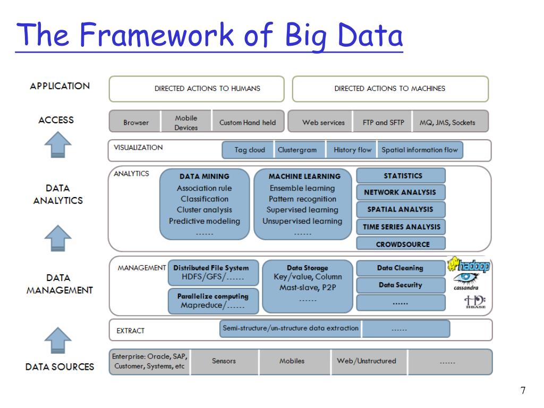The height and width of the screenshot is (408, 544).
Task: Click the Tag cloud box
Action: [x=249, y=150]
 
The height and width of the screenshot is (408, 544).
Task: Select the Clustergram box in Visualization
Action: [x=297, y=150]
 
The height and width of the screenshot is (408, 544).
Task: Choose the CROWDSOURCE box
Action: [x=401, y=244]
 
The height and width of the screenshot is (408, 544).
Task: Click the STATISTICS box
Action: [x=401, y=176]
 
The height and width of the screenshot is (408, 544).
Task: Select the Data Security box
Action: [x=401, y=285]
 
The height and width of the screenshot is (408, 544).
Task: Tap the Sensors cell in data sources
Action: [x=224, y=361]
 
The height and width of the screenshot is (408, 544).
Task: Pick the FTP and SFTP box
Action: [x=383, y=122]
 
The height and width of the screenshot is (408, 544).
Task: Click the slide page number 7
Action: [x=523, y=391]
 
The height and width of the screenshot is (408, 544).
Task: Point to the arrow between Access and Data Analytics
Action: [x=57, y=145]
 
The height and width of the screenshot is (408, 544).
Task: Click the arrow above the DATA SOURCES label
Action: [x=57, y=340]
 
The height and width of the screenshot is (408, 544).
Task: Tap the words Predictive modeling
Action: [x=205, y=221]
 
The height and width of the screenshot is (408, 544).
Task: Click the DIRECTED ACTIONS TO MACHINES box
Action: [x=390, y=89]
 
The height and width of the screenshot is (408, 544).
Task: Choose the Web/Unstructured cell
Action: [x=366, y=361]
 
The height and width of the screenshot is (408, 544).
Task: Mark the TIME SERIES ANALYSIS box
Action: [x=401, y=227]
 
